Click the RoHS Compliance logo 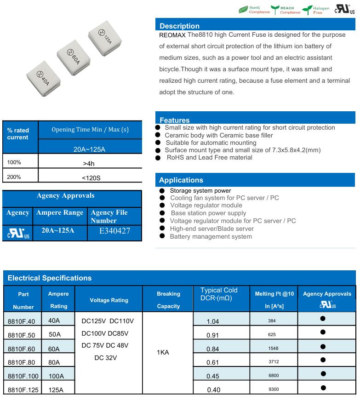(x=254, y=10)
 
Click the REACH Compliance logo (x=286, y=10)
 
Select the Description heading (x=179, y=26)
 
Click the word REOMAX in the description (x=172, y=35)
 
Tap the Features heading (x=174, y=120)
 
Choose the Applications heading (x=181, y=180)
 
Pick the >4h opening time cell (x=90, y=163)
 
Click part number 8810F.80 (x=21, y=362)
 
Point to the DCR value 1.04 (x=213, y=321)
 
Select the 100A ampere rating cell (x=56, y=376)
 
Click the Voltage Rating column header (x=109, y=300)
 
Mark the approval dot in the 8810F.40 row (x=323, y=319)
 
